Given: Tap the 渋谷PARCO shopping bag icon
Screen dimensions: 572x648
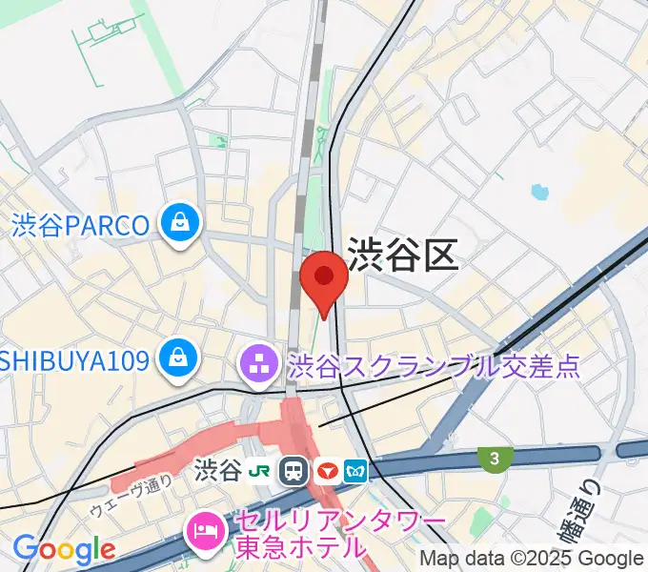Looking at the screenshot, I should pos(178,224).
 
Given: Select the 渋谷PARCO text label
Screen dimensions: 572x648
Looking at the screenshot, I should pos(81,225).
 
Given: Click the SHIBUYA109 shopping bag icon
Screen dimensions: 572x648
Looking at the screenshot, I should pos(178,359).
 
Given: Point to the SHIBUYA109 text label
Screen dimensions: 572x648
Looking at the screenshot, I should pos(75,360).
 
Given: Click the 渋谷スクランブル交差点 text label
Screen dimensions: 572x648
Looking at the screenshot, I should pos(434,364).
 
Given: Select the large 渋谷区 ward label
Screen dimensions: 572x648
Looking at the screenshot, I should pos(403,255).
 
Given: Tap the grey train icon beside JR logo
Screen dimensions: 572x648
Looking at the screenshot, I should pos(294,470).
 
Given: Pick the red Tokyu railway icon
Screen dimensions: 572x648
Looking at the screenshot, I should pos(326,470).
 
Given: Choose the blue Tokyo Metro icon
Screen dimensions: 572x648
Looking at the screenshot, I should pos(356,470).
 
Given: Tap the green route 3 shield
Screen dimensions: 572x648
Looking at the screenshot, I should pos(493,459).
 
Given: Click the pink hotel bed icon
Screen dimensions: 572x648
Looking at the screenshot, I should pos(205,526).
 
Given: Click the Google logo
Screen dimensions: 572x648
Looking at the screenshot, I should pos(63,549).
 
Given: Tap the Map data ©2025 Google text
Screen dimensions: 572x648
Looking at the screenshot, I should pos(532,559).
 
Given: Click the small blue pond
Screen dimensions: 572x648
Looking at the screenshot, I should pos(540,192).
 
